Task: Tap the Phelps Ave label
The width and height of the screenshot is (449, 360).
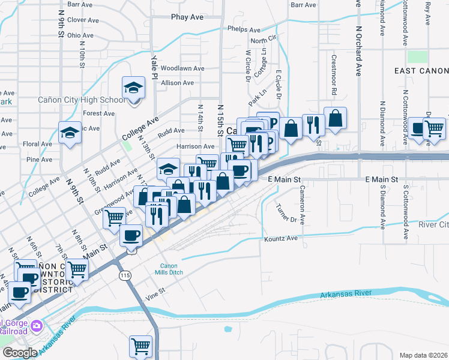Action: point(244,29)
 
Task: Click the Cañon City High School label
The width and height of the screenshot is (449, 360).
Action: point(82,100)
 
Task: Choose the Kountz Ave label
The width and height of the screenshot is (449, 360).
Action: point(281,238)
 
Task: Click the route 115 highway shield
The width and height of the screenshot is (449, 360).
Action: point(125,275)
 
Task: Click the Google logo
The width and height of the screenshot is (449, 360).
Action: point(19,352)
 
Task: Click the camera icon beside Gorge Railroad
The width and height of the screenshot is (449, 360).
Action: point(38,326)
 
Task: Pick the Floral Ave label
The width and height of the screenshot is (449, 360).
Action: point(38,144)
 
